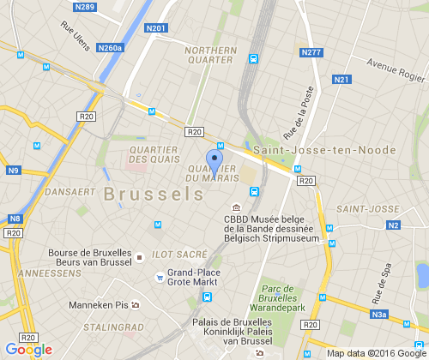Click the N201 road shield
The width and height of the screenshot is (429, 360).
click(x=156, y=28)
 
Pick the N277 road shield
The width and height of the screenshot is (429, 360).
click(x=311, y=53)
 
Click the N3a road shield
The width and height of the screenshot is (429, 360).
click(x=380, y=315)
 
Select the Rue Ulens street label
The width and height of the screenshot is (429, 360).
click(x=76, y=36)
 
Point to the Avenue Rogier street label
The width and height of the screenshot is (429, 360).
click(x=395, y=66)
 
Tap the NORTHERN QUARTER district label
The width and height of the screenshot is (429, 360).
click(x=210, y=55)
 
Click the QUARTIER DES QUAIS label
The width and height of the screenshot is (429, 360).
click(x=153, y=154)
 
